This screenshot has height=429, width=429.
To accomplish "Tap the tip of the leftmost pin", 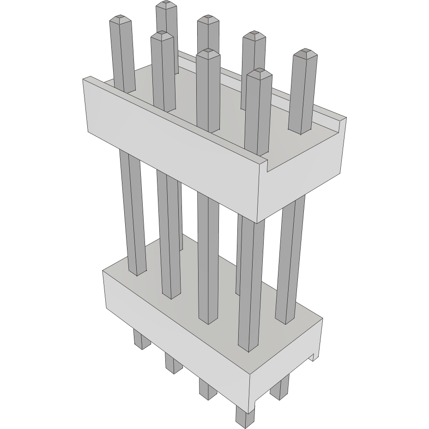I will (121, 20).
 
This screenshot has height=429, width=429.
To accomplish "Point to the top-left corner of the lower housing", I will (104, 272).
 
